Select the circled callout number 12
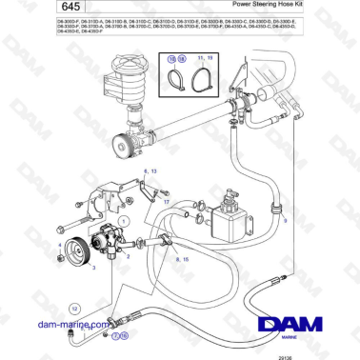73,309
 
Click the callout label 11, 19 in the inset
202,58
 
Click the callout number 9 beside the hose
286,218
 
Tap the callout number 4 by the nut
61,246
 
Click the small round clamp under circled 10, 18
177,80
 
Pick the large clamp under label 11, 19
202,80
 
